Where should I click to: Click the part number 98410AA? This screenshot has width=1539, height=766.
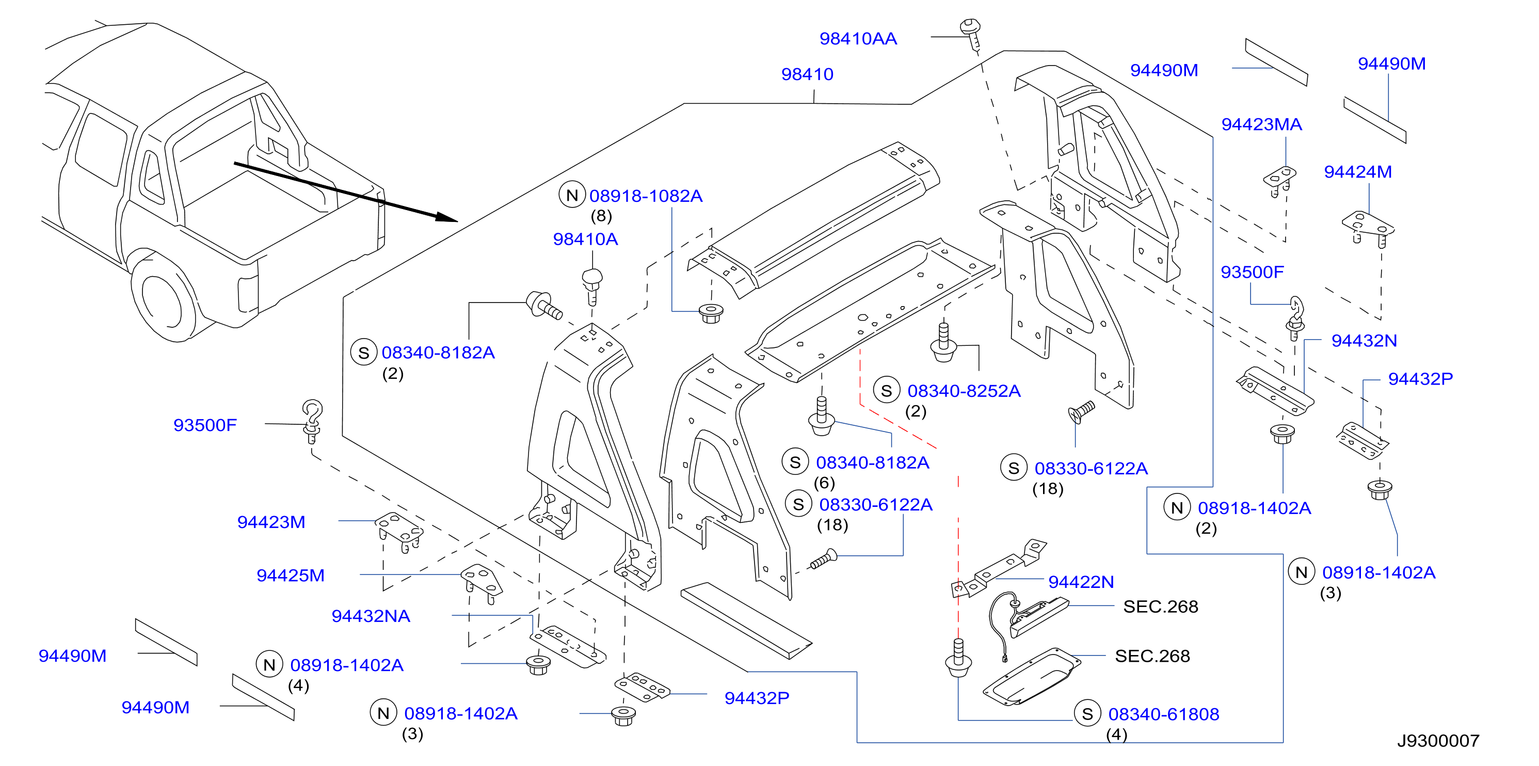pos(858,39)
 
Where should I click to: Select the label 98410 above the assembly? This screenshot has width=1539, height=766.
pos(807,74)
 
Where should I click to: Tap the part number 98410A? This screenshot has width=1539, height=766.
pos(585,239)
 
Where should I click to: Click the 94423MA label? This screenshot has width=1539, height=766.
pos(1261,124)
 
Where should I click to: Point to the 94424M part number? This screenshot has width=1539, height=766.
pos(1357,172)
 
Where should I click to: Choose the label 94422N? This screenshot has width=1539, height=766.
pos(1081,582)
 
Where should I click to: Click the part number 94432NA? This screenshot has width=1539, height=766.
pos(371,616)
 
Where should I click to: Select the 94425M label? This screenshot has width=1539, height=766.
pos(291,576)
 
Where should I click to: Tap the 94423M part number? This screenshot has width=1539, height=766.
pos(271,522)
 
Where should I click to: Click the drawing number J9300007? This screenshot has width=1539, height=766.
pos(1438,741)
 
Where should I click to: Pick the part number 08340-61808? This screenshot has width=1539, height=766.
pos(1163,714)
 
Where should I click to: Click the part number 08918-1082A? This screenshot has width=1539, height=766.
pos(645,196)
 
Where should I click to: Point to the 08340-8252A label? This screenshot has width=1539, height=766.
pos(964,391)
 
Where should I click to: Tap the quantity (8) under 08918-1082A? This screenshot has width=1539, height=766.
pos(601,216)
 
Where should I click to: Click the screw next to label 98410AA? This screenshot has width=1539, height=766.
pos(971,35)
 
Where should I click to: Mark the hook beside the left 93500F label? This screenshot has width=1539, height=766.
pos(312,421)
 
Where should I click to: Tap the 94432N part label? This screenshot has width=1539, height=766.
pos(1364,341)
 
